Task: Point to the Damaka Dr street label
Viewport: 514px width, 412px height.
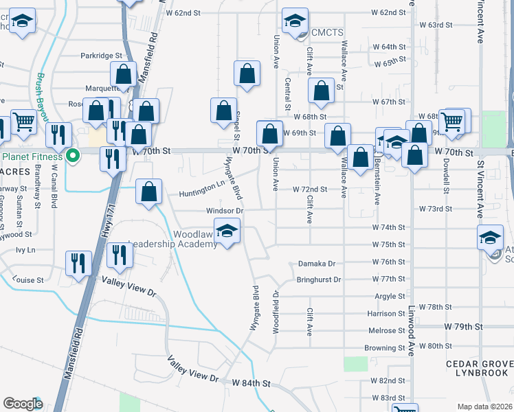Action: pos(316,263)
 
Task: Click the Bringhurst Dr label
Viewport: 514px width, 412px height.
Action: pos(318,279)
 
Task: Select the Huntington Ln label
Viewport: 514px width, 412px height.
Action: pos(202,183)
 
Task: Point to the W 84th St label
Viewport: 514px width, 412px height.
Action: pos(252,382)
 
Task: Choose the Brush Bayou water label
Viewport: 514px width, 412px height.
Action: pos(43,93)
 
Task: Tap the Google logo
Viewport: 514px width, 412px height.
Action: pos(23,404)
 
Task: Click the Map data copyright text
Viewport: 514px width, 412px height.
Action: pos(484,407)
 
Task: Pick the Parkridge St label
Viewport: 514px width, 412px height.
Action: pos(100,56)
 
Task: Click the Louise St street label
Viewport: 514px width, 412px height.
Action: pos(28,280)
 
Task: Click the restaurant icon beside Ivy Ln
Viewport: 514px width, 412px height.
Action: pos(78,263)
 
